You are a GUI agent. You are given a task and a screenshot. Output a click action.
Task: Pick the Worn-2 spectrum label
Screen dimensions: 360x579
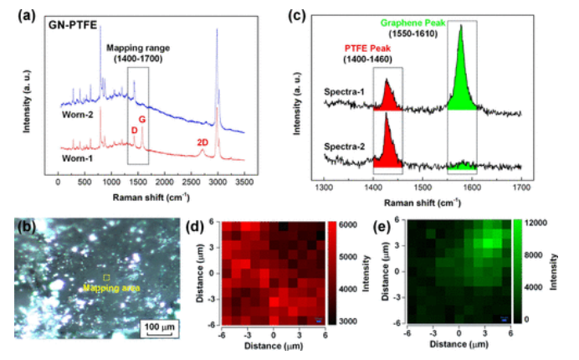pyautogui.click(x=75, y=114)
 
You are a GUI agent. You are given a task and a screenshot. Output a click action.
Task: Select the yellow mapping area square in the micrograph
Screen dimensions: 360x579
pyautogui.click(x=106, y=277)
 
